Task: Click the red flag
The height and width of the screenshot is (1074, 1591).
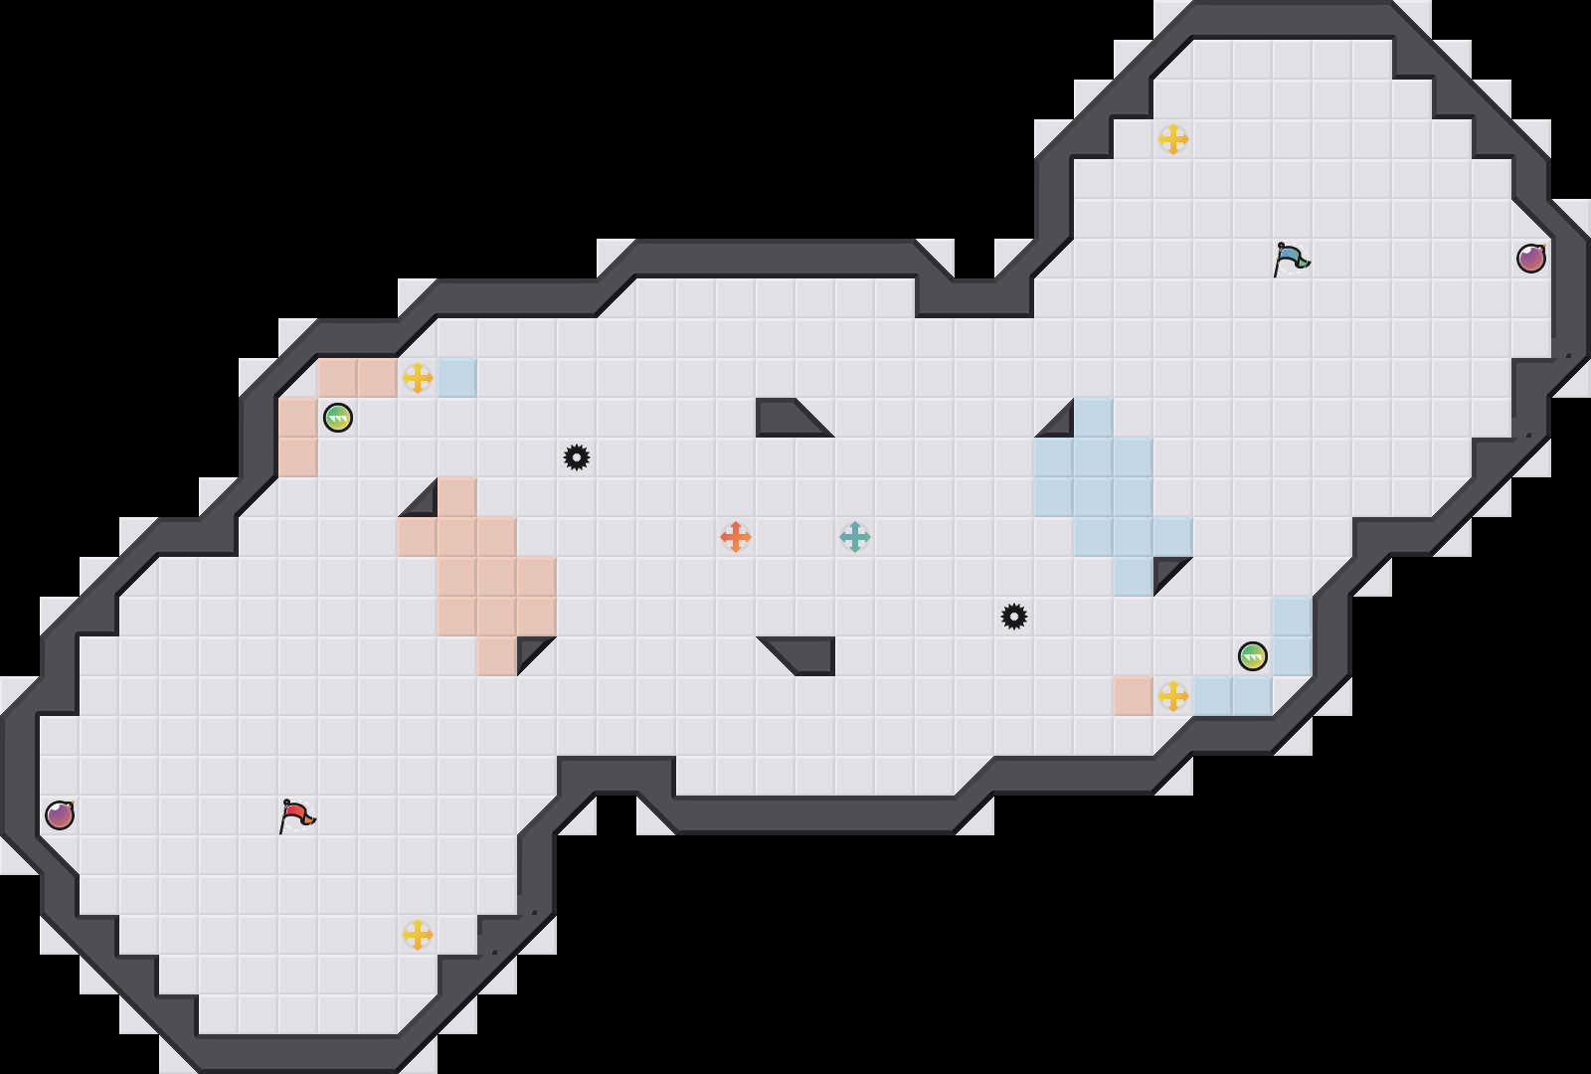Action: (296, 815)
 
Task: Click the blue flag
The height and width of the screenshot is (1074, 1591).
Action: (1291, 259)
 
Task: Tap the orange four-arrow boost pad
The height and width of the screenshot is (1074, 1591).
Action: (736, 537)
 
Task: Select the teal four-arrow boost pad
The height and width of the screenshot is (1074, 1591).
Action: (855, 537)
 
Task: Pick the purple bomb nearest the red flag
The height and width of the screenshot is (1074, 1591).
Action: (60, 815)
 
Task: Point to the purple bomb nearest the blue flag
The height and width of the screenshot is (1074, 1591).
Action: (1531, 259)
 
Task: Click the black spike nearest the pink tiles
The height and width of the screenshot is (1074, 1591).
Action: (577, 457)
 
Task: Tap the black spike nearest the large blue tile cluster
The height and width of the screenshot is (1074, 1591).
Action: (1014, 617)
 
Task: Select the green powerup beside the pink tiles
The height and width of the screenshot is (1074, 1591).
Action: (338, 418)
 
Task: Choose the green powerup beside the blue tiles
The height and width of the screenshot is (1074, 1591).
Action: (1253, 656)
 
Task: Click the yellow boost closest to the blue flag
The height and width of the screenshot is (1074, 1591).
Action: (1173, 139)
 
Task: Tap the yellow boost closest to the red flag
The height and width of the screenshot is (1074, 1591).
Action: (418, 935)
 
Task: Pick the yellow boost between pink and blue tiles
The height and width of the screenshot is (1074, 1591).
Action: (418, 378)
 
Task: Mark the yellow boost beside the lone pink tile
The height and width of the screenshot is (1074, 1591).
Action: (1173, 696)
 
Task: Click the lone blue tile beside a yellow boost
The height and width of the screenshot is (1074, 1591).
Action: (457, 378)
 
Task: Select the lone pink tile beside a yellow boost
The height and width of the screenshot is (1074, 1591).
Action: (1134, 696)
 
